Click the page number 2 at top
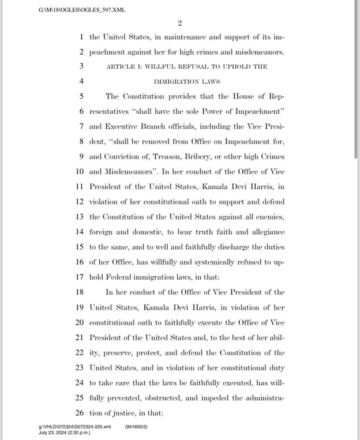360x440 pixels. pos(180,22)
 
